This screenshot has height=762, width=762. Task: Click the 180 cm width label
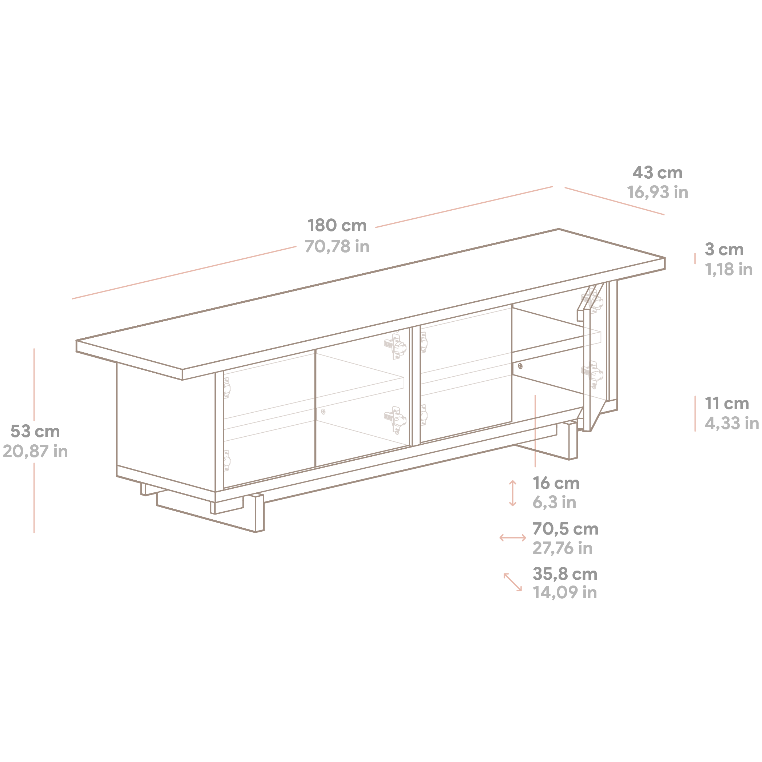pos(337,226)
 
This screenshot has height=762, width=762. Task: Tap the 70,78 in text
pos(337,246)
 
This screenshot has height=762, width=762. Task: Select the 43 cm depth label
pos(657,173)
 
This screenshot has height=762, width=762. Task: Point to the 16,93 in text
pos(658,193)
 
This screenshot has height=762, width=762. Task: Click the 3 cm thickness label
pos(724,250)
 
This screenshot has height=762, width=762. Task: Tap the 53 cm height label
pos(35,432)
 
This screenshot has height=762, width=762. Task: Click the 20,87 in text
pos(35,452)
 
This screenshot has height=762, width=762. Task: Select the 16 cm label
pos(556,483)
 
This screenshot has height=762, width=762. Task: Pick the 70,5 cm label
pos(565,529)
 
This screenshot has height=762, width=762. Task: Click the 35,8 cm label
pos(565,574)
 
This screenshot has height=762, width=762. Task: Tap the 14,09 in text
pos(564,592)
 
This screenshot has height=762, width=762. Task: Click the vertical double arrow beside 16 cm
pos(513,493)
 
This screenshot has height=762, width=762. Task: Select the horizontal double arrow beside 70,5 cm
pos(513,538)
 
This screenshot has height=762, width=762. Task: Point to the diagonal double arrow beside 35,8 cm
pos(513,582)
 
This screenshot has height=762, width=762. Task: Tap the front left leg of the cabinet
pos(259,513)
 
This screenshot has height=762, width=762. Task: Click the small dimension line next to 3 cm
pos(695,259)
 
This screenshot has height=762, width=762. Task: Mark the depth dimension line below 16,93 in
pos(614,201)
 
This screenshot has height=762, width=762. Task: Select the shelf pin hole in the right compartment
pos(520,366)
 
